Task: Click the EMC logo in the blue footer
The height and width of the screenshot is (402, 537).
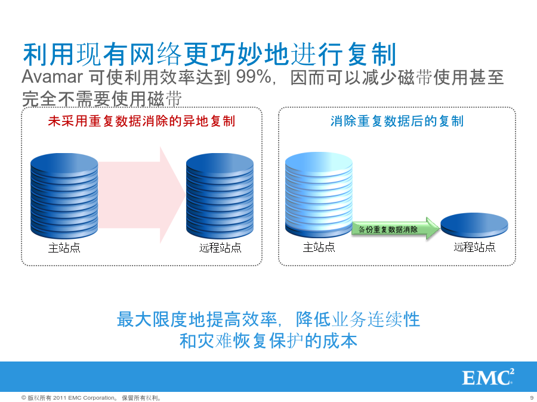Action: pyautogui.click(x=488, y=377)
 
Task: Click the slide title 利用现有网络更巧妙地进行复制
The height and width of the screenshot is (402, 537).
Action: pyautogui.click(x=209, y=54)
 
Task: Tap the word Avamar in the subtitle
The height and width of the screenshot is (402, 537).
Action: pyautogui.click(x=52, y=77)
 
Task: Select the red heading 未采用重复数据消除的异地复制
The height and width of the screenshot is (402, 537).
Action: pyautogui.click(x=141, y=121)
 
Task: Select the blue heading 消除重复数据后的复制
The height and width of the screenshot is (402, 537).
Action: pyautogui.click(x=397, y=121)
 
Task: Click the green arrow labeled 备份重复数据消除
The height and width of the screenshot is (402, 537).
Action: pyautogui.click(x=396, y=228)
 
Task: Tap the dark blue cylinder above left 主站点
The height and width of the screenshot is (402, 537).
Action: pyautogui.click(x=64, y=196)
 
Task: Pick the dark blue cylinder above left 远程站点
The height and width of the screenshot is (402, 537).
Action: pyautogui.click(x=220, y=196)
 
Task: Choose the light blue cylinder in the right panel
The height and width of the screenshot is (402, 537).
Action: pyautogui.click(x=319, y=195)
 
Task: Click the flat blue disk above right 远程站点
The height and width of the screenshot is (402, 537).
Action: pyautogui.click(x=474, y=225)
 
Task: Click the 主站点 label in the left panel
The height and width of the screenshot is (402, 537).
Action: pyautogui.click(x=64, y=248)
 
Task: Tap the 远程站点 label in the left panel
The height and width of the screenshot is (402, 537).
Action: pyautogui.click(x=220, y=248)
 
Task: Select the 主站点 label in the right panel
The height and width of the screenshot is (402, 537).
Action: pyautogui.click(x=319, y=247)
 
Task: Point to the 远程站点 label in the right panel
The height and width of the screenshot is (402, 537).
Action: pyautogui.click(x=475, y=247)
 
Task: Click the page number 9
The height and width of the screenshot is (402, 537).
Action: pyautogui.click(x=532, y=398)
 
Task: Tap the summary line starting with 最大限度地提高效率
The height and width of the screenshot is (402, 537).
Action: pyautogui.click(x=268, y=319)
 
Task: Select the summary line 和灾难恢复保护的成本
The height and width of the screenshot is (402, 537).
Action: pyautogui.click(x=268, y=341)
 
